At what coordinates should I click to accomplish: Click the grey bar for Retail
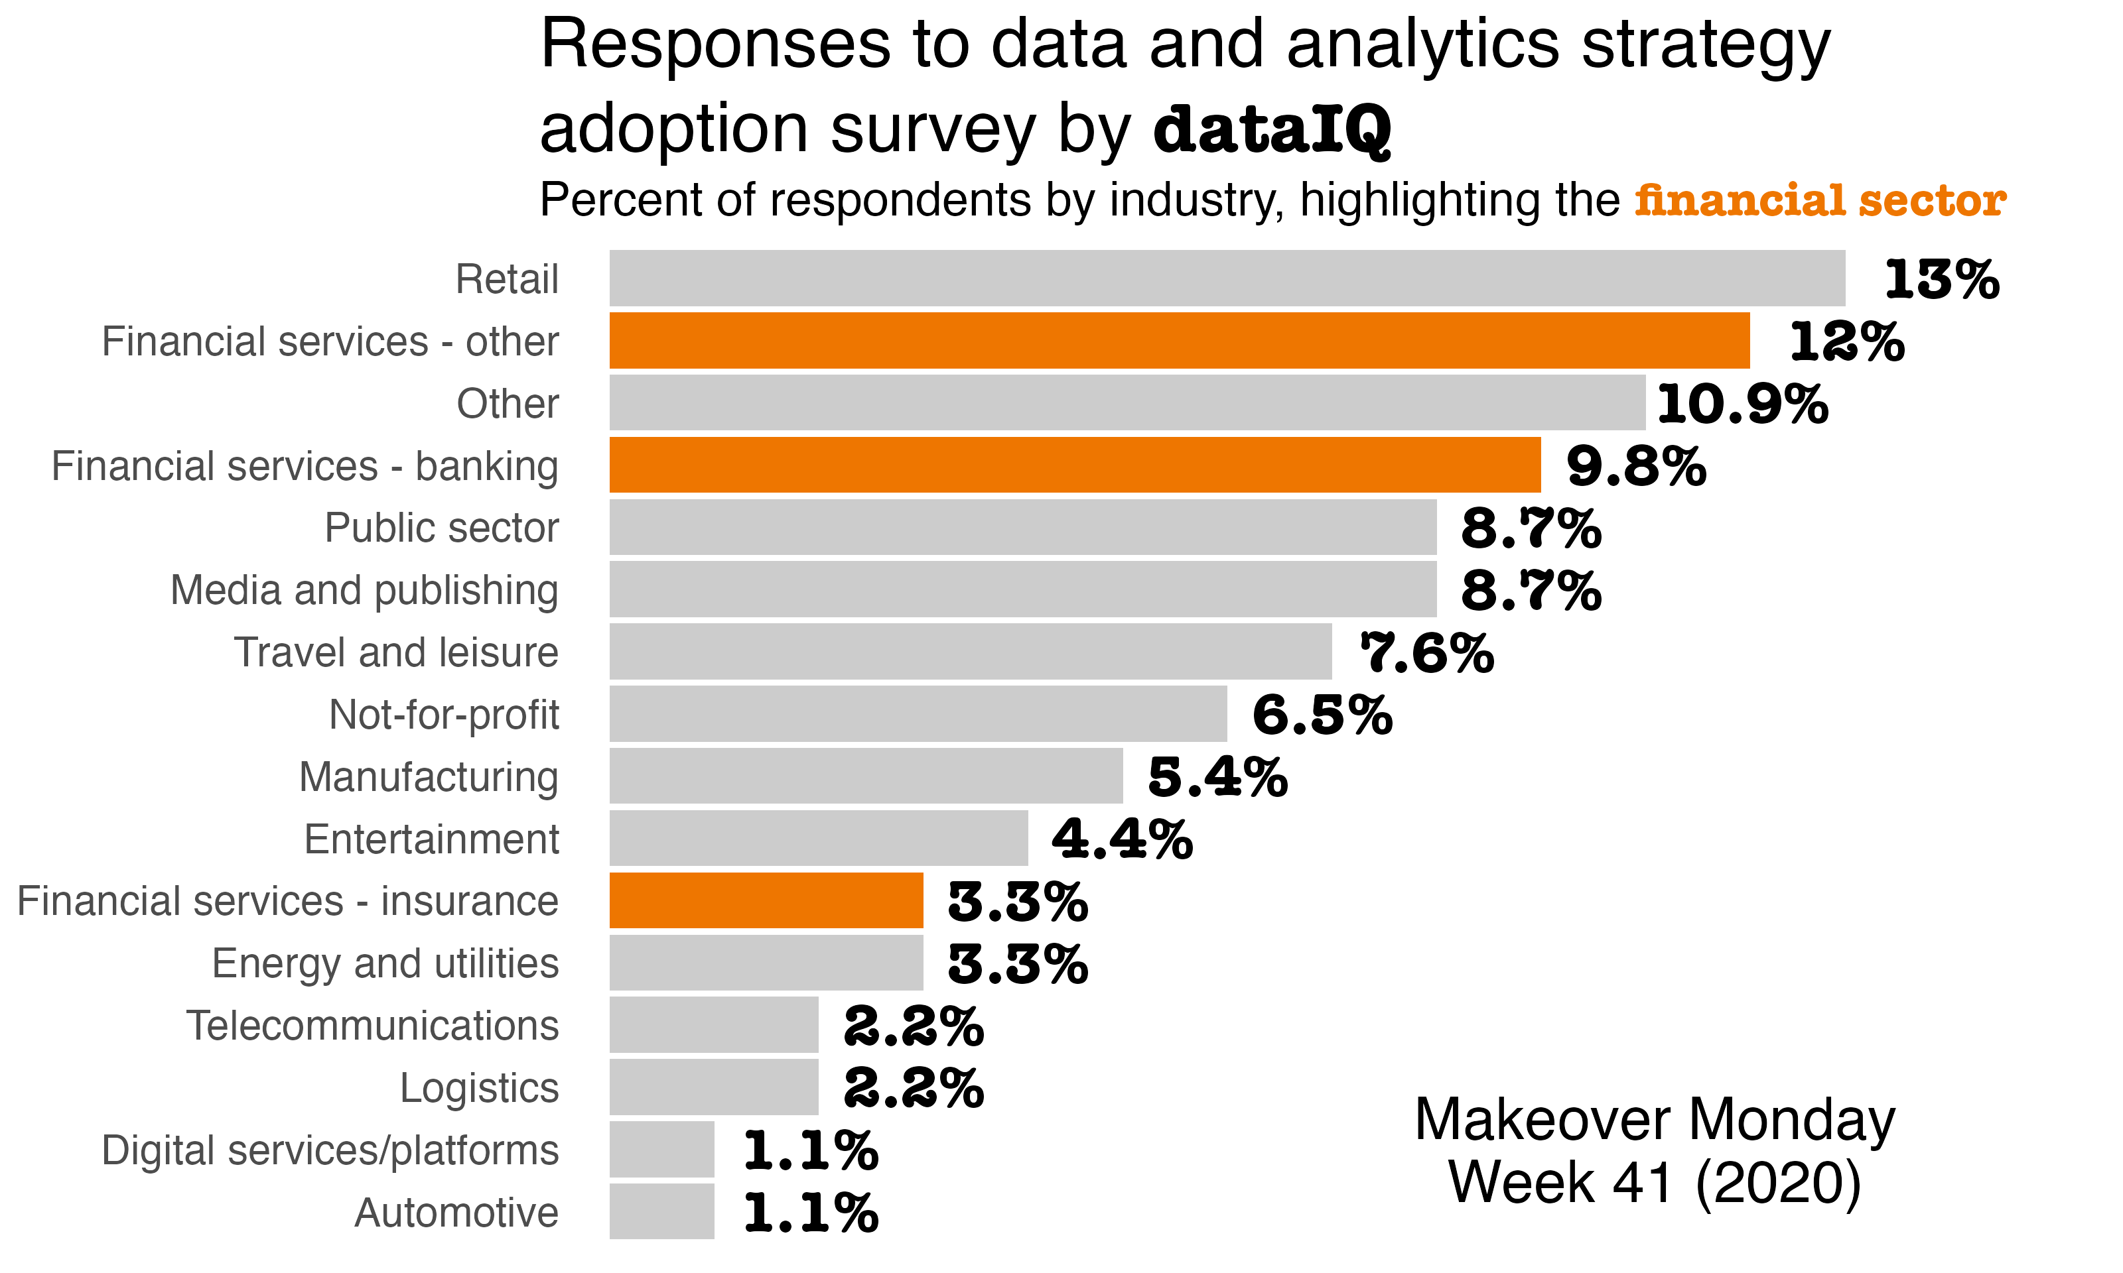[1227, 278]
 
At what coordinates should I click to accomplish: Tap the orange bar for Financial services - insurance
[766, 900]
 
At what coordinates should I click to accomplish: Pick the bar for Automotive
[661, 1211]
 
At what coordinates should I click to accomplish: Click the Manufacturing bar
[866, 776]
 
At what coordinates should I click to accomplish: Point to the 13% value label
[1941, 280]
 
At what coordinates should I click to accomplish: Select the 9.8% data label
[1635, 467]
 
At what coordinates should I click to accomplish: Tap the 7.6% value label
[1427, 654]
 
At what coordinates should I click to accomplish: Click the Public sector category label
[441, 528]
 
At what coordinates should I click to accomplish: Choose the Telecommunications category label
[372, 1026]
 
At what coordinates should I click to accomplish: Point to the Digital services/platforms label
[330, 1150]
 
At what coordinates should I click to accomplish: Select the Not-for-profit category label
[444, 715]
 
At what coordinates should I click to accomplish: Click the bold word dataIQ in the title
[1272, 131]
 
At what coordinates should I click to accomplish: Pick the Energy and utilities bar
[766, 963]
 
